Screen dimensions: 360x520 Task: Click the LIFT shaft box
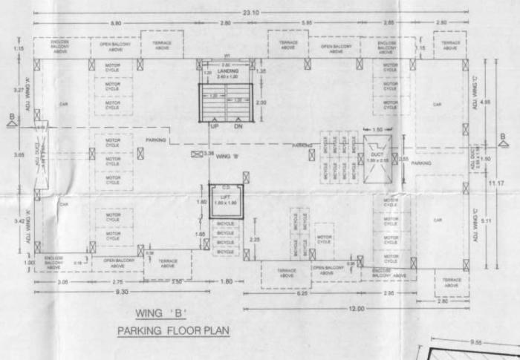[226, 200]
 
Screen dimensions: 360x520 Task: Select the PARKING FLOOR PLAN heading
[172, 330]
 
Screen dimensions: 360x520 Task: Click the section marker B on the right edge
[504, 137]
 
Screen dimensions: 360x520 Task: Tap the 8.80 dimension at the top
[116, 24]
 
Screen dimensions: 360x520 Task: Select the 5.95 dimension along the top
[306, 24]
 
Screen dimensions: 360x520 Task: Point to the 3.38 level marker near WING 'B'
[209, 154]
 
